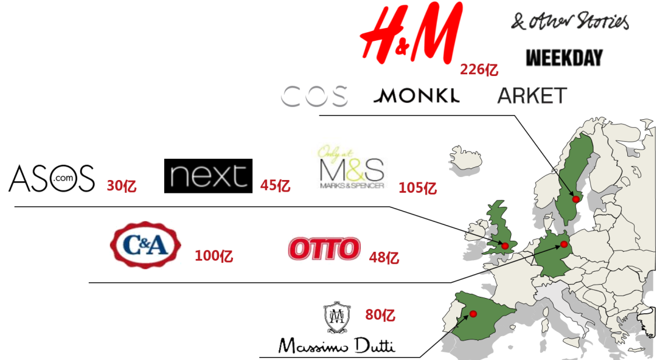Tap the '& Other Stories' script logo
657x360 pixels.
(x=569, y=21)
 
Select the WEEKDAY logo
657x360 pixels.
(x=564, y=58)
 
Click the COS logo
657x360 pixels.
(x=315, y=96)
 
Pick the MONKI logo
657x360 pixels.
(x=417, y=96)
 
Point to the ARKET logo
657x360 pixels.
(x=532, y=96)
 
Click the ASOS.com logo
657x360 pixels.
(x=52, y=178)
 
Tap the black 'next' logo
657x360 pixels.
(x=208, y=176)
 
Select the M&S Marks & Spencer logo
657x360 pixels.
(x=352, y=167)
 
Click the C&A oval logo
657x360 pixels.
(x=145, y=246)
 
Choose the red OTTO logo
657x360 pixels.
(x=324, y=249)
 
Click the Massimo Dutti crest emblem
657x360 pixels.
(x=336, y=318)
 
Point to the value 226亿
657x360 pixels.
(x=479, y=70)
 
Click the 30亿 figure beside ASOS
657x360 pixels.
(x=121, y=186)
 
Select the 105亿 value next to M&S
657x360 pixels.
(x=417, y=188)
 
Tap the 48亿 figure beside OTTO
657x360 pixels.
(x=384, y=258)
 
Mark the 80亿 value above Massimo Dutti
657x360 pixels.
(x=380, y=315)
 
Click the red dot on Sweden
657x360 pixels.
(x=575, y=199)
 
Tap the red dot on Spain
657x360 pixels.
(x=473, y=314)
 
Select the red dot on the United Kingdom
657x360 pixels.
(x=504, y=246)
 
